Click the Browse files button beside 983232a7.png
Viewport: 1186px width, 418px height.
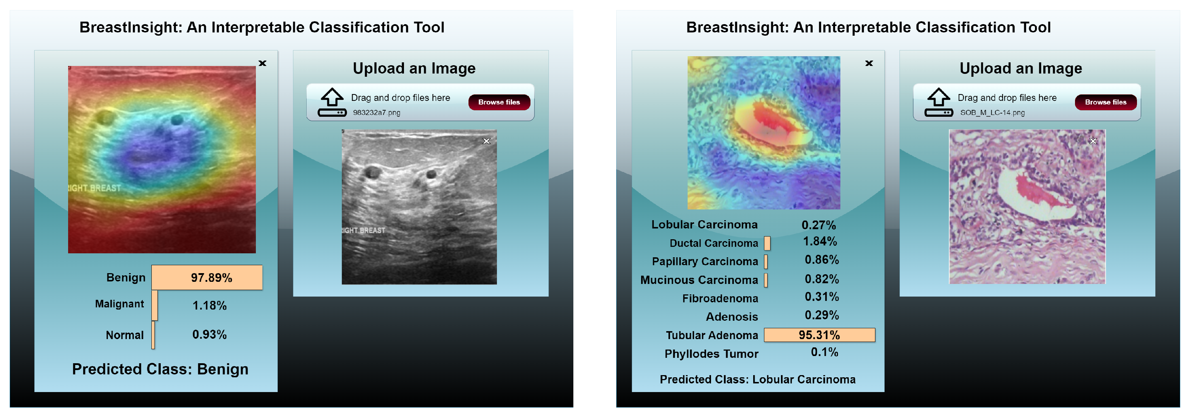(499, 102)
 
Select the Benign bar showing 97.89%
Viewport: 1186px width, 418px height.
(207, 277)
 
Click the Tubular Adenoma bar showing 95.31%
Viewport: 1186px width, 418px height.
(819, 335)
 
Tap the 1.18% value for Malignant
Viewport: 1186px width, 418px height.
(209, 306)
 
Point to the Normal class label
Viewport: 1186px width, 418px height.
(125, 335)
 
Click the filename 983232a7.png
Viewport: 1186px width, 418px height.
(377, 113)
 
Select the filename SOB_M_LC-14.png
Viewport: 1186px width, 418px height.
(992, 113)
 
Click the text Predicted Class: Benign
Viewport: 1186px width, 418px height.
(160, 369)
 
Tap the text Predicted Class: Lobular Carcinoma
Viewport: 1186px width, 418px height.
(758, 380)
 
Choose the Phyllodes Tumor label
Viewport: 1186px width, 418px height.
(711, 354)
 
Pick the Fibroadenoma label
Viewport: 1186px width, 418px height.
(720, 299)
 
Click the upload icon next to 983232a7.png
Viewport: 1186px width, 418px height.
(332, 102)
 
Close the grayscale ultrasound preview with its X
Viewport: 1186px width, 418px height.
(486, 141)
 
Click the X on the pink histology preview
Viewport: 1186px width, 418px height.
(1093, 141)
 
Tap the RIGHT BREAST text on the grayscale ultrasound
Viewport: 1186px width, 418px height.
(363, 230)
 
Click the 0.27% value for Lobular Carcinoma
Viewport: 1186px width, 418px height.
(819, 225)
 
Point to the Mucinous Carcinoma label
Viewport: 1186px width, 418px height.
(699, 280)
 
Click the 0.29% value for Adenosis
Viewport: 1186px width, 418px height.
(822, 315)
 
